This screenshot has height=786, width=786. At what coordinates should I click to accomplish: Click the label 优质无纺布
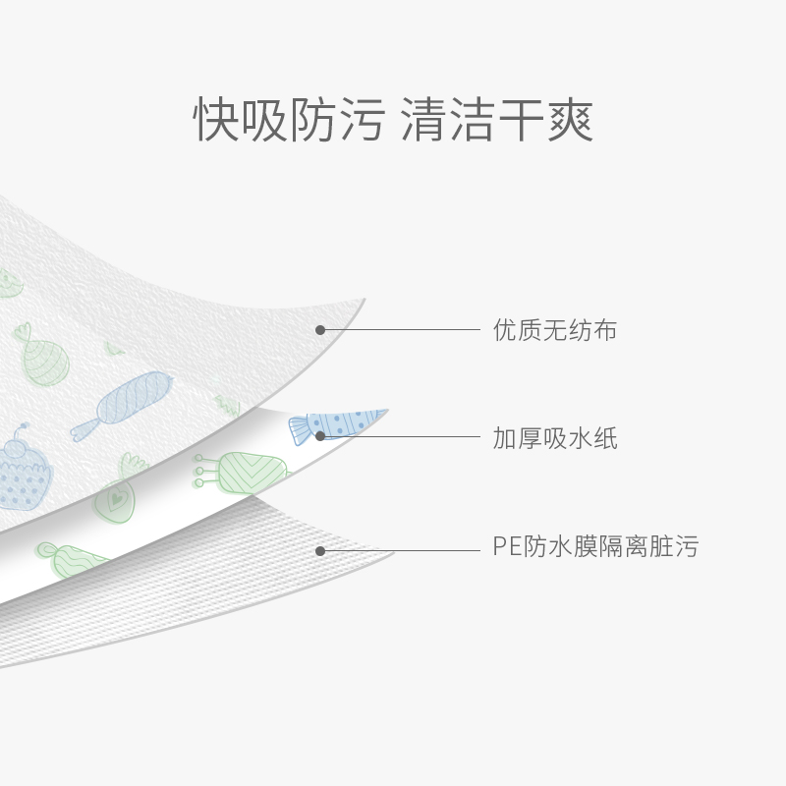pos(554,330)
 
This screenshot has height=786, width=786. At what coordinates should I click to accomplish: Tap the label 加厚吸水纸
pos(554,438)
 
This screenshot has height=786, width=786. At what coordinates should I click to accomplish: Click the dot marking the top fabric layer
pos(320,330)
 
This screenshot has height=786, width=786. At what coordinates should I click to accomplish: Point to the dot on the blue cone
pos(320,435)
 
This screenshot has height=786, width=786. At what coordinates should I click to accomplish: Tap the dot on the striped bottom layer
pos(320,550)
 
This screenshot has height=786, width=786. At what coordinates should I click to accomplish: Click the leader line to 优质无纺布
pos(403,330)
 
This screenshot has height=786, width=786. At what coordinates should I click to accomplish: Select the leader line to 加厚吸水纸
pos(403,436)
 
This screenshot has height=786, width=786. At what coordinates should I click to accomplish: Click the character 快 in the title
pos(217,121)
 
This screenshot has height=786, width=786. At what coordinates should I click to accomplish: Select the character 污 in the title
pos(359,121)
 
